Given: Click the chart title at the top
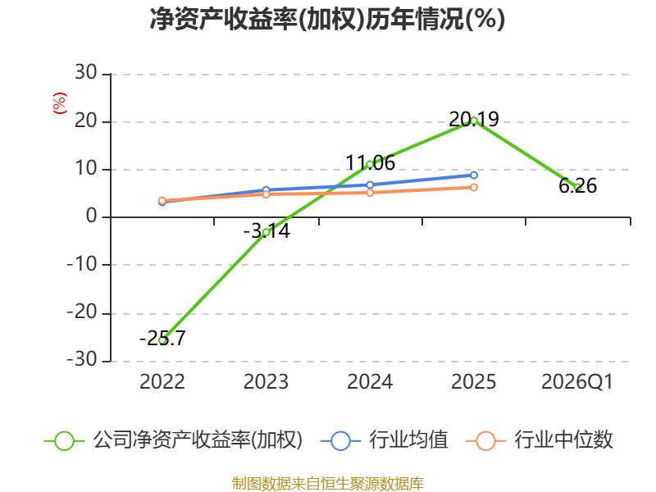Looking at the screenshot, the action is [327, 19].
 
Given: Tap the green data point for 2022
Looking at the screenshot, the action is [162, 340].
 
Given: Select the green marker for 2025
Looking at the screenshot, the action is [474, 121].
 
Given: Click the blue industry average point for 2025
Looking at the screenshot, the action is [474, 175].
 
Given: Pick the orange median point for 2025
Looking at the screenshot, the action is [474, 188].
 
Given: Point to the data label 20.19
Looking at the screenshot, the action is [474, 120].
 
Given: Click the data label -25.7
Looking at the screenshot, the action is [162, 338].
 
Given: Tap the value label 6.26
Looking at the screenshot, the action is [577, 186].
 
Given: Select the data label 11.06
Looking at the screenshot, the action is [370, 162].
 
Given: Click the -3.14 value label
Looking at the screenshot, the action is [266, 231].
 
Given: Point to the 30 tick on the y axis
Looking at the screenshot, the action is [86, 72].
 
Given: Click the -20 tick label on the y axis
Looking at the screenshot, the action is [82, 312].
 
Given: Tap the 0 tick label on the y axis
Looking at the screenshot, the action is [92, 216].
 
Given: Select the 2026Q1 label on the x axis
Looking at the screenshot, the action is [577, 382].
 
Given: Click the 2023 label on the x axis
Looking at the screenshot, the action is [266, 382].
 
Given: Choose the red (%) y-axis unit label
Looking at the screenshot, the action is [60, 103].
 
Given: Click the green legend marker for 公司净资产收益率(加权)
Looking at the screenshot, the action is [64, 441].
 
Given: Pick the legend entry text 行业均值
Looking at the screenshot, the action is [408, 440].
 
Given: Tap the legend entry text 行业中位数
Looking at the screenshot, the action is [563, 440].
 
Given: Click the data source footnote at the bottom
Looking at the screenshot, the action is [328, 484].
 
